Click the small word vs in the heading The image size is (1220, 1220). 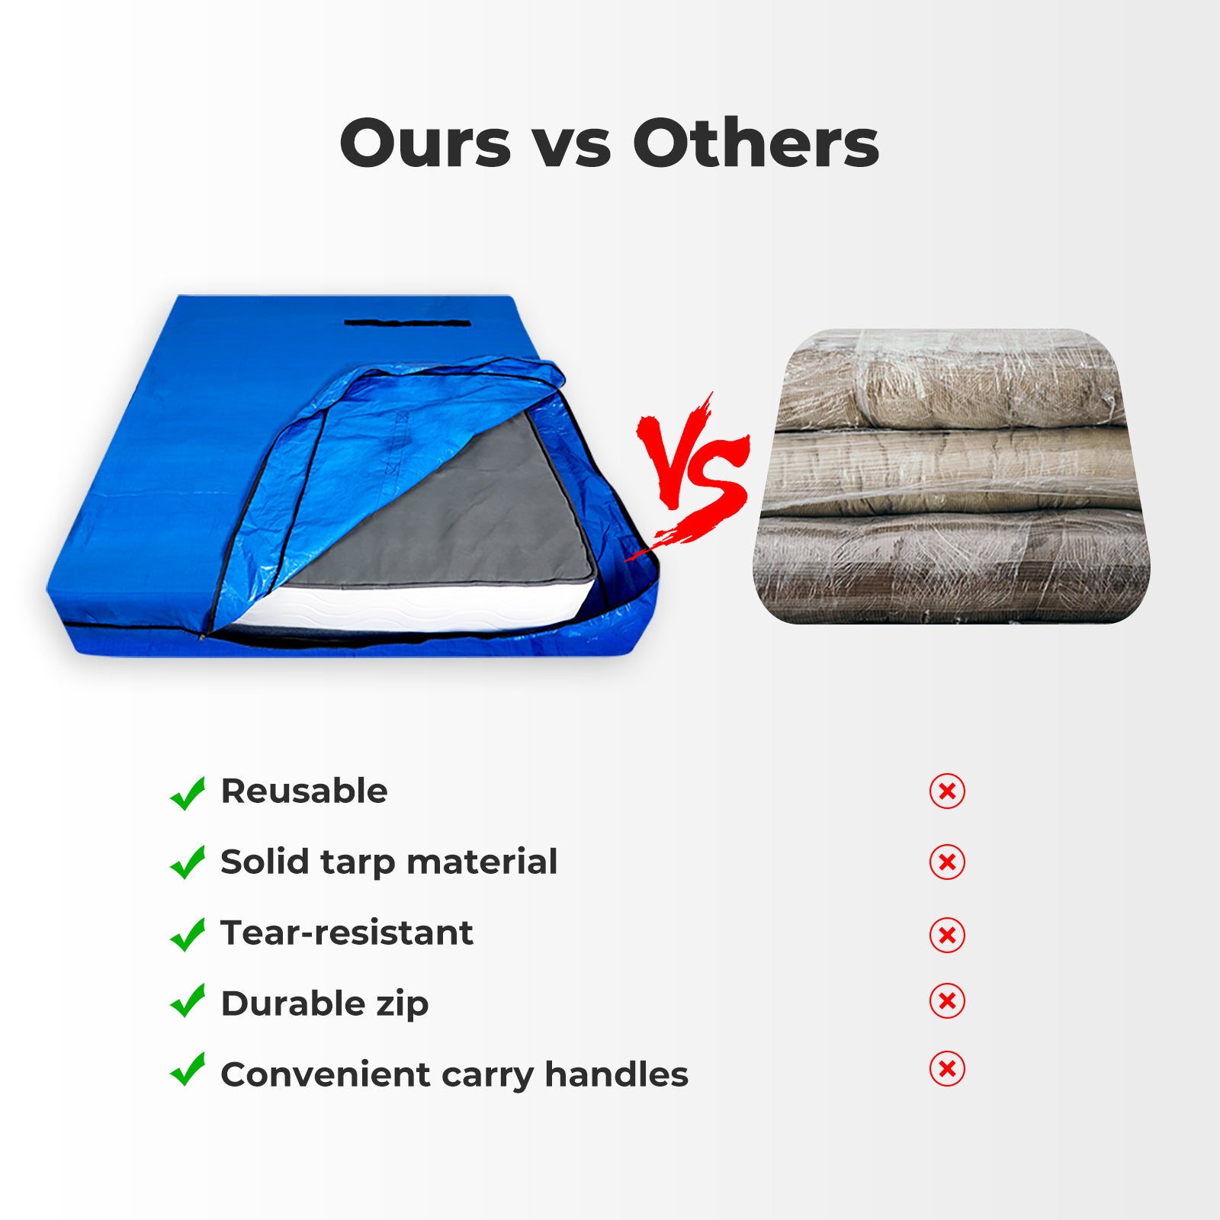coord(571,149)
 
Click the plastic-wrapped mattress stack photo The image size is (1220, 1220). coord(952,477)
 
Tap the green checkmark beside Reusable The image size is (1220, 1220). coord(188,793)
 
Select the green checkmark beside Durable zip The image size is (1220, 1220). coord(188,1000)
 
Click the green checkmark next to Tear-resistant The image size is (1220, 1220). coord(188,934)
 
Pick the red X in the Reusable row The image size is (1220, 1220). coord(947,791)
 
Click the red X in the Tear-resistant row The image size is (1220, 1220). coord(947,935)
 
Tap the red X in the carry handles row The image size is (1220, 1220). coord(947,1068)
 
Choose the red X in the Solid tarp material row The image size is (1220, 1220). coord(947,862)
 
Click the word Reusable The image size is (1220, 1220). coord(304,791)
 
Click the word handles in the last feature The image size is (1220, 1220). coord(616,1074)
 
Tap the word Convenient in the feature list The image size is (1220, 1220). coord(326,1075)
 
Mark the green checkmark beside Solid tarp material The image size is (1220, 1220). coord(188,863)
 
